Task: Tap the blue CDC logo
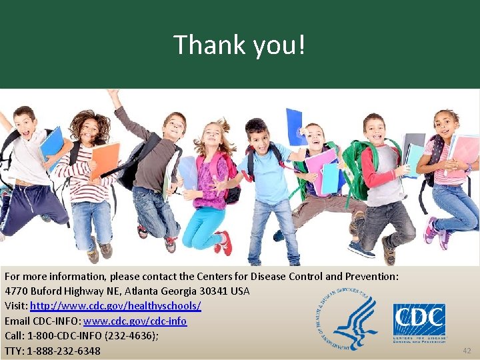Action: point(419,321)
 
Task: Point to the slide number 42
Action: point(466,350)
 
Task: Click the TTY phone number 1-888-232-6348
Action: point(64,351)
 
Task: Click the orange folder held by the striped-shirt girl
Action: point(105,160)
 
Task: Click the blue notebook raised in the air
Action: point(295,127)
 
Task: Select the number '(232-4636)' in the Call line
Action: point(131,336)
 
